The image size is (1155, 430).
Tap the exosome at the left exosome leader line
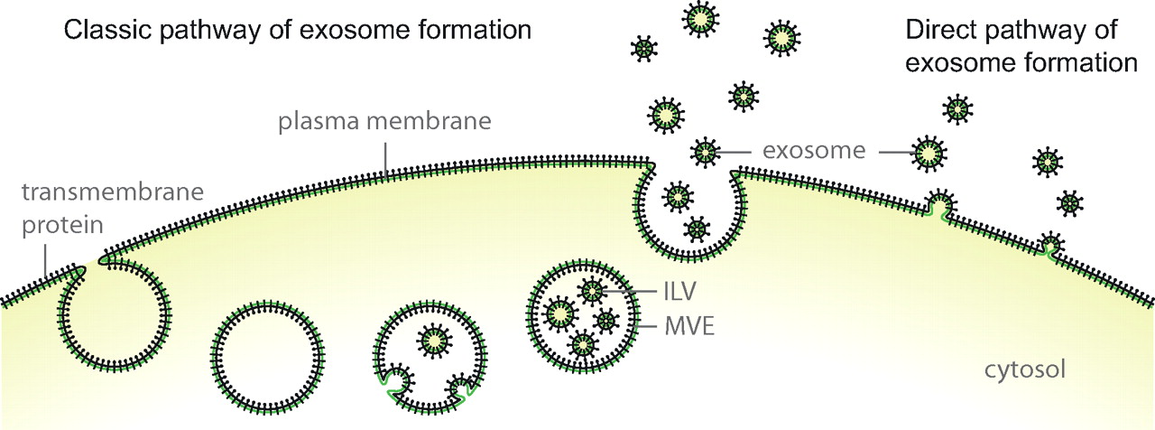tap(704, 152)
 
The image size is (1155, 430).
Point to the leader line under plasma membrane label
tap(385, 157)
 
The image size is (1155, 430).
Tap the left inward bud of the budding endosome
tap(397, 380)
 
